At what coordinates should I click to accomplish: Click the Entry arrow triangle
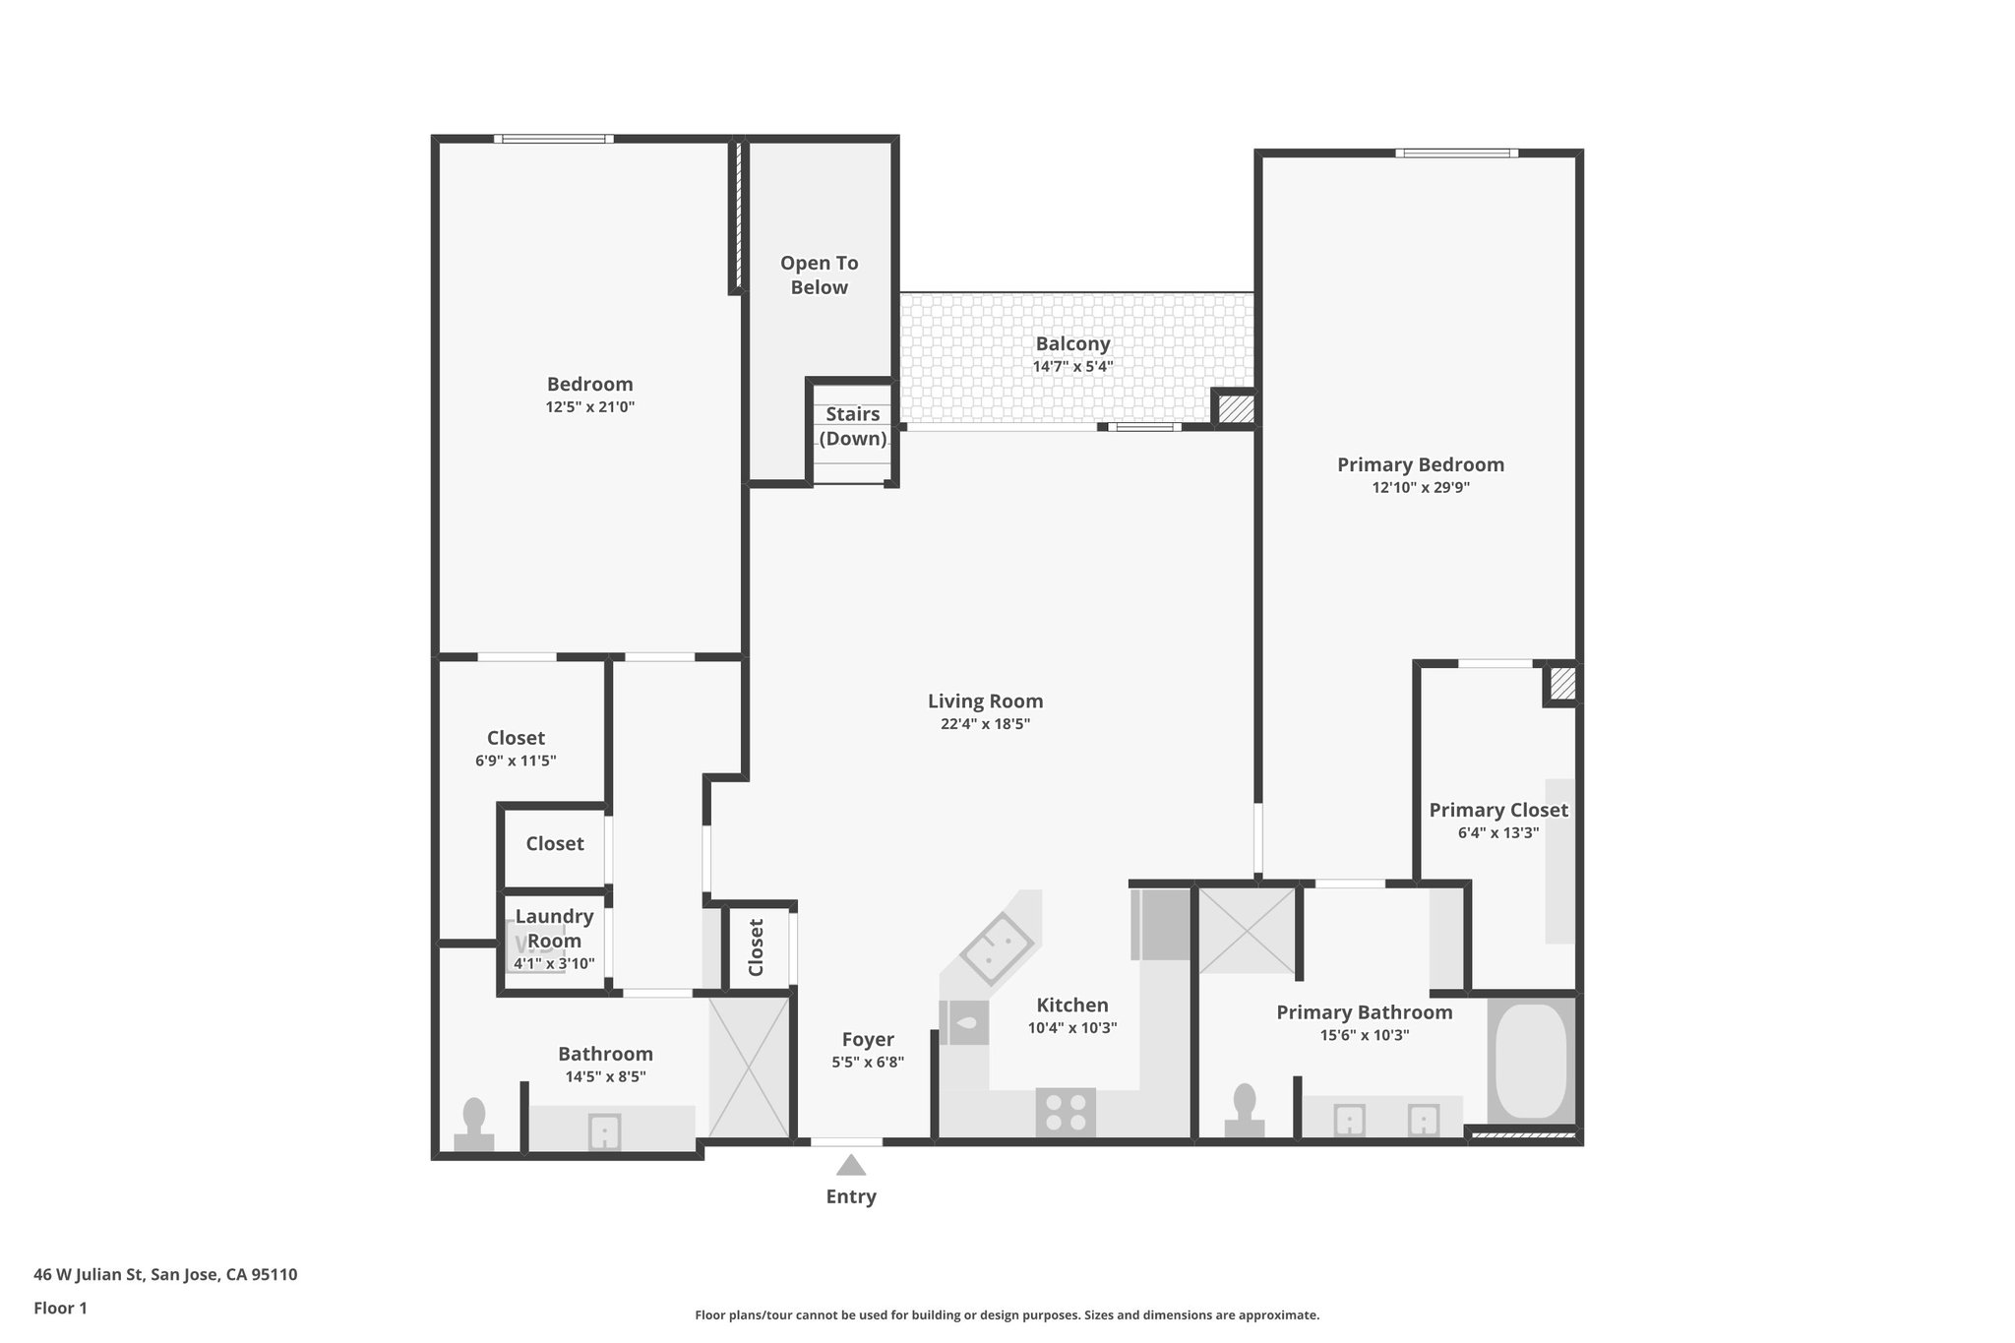click(x=851, y=1165)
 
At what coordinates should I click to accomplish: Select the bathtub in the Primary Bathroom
click(x=1532, y=1060)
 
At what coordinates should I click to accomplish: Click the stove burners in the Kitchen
click(x=1066, y=1113)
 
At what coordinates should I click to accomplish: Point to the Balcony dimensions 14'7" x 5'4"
click(x=1072, y=367)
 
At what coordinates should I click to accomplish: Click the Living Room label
click(x=985, y=702)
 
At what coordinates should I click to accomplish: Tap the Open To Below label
click(x=820, y=275)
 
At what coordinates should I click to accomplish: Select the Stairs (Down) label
click(x=853, y=426)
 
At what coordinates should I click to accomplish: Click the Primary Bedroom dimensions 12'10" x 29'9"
click(x=1421, y=487)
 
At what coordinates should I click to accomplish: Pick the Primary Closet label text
click(x=1498, y=810)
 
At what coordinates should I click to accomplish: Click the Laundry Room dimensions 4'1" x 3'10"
click(x=554, y=964)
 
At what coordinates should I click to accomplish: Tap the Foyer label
click(x=868, y=1040)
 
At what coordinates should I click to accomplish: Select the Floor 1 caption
click(x=60, y=1309)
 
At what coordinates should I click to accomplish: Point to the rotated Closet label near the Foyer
click(x=756, y=947)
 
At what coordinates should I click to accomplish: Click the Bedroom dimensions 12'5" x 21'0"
click(x=590, y=406)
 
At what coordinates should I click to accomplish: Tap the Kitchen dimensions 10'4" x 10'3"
click(x=1072, y=1028)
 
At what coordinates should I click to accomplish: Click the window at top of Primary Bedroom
click(x=1456, y=153)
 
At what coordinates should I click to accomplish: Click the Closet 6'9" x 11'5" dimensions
click(x=516, y=761)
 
